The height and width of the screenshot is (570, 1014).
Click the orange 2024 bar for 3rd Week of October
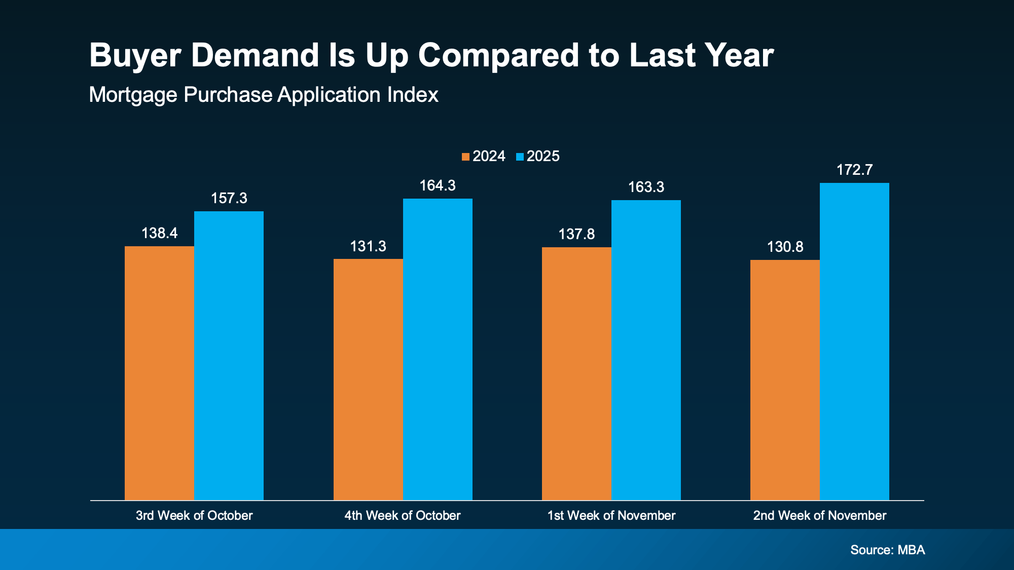tap(159, 373)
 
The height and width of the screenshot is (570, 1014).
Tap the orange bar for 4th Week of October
tap(368, 379)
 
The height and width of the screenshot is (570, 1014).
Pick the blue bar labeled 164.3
tap(438, 349)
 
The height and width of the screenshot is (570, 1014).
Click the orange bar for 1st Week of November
tap(576, 374)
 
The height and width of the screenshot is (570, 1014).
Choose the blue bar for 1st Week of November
tap(646, 350)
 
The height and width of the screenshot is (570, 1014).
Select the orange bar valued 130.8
tap(785, 380)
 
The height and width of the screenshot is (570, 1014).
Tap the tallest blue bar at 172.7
tap(854, 341)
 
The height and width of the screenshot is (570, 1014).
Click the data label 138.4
tap(159, 233)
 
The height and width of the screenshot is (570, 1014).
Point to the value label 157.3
tap(229, 198)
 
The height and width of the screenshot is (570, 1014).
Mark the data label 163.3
tap(646, 187)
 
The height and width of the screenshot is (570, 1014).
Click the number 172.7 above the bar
tap(854, 170)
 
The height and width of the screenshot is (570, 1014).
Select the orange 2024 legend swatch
tap(465, 157)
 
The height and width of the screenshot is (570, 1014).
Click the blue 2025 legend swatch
tap(520, 157)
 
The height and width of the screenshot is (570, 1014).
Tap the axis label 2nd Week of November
tap(819, 516)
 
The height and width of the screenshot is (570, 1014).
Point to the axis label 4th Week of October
tap(402, 516)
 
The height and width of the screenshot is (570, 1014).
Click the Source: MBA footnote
tap(887, 550)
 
